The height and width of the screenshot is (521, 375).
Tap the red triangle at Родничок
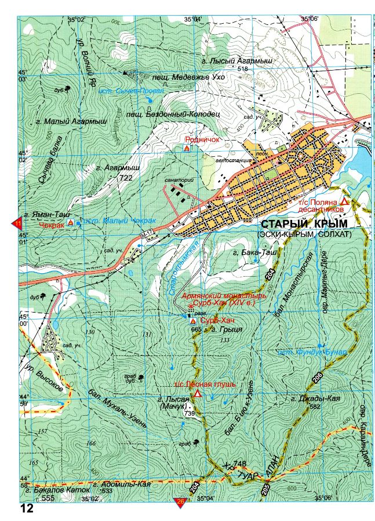(x=187, y=149)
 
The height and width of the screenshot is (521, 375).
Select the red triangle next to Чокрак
(x=71, y=222)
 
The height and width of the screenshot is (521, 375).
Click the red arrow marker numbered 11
(x=17, y=223)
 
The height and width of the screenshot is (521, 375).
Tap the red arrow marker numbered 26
(x=180, y=502)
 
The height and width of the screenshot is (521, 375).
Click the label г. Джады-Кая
(x=315, y=399)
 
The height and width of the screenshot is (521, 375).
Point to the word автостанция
(x=231, y=160)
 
